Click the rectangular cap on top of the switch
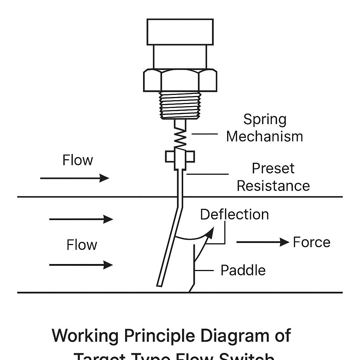click(180, 32)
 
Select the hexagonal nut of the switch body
click(180, 81)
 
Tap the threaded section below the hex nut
click(180, 105)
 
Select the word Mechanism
click(264, 136)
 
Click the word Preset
click(273, 169)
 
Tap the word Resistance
click(273, 186)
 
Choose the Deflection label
click(234, 214)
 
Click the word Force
click(311, 242)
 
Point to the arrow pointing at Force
click(262, 242)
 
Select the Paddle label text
click(243, 270)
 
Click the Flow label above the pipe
click(78, 160)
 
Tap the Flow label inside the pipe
click(82, 245)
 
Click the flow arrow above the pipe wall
click(75, 178)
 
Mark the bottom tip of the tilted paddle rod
click(159, 284)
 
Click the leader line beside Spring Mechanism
click(205, 134)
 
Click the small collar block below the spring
click(180, 157)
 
